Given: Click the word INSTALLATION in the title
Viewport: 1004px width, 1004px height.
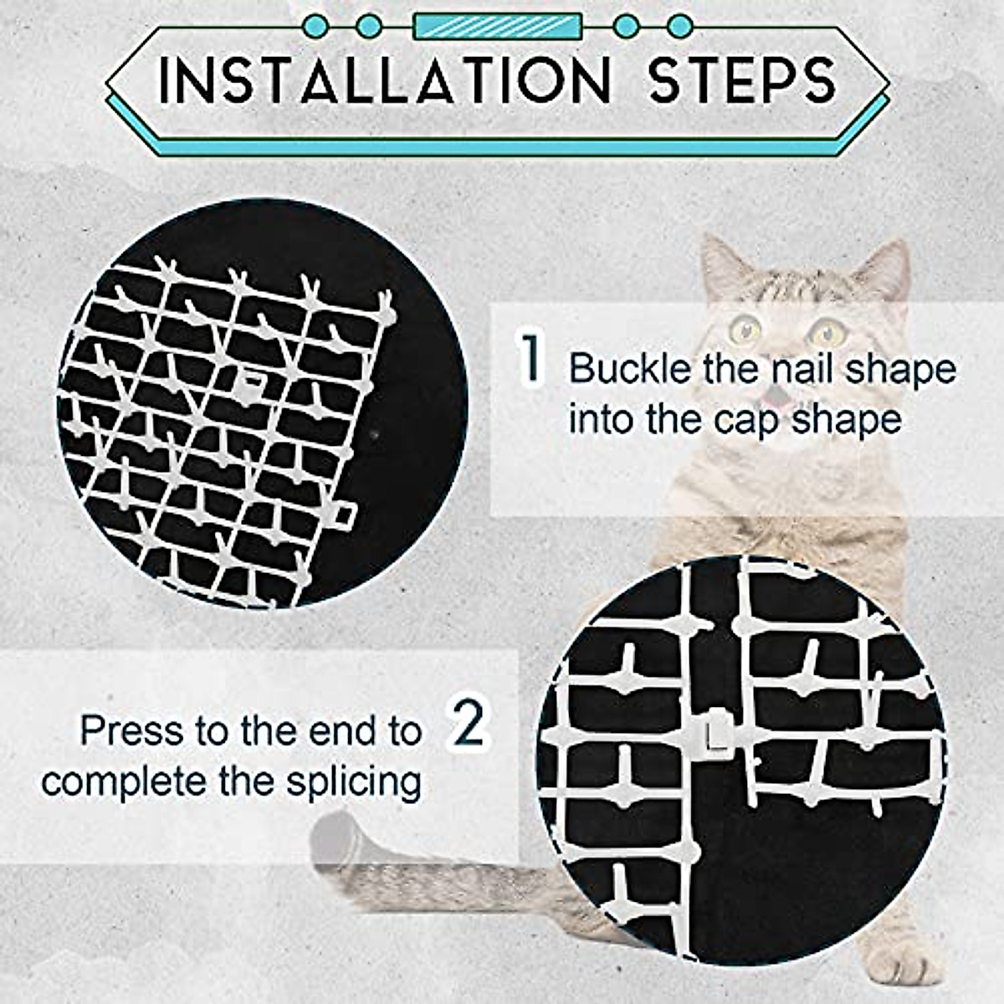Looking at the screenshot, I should coord(385,81).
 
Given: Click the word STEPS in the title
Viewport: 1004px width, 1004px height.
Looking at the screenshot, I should coord(743,81).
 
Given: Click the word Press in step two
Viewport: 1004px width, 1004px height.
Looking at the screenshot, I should coord(132,731).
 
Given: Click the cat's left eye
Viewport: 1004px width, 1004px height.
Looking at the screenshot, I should coord(743,328).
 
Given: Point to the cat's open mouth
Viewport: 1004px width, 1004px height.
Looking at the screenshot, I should coord(782,393).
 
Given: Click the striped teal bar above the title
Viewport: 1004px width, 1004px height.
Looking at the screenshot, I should coord(498,26).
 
